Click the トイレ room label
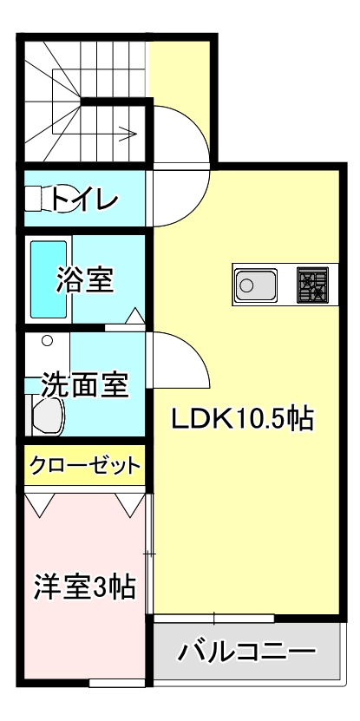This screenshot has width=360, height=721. pyautogui.click(x=85, y=199)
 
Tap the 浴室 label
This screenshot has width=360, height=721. pyautogui.click(x=85, y=280)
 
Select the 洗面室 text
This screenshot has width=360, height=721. pyautogui.click(x=85, y=385)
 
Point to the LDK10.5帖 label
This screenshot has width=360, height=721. pyautogui.click(x=242, y=418)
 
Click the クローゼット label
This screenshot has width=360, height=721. pyautogui.click(x=85, y=466)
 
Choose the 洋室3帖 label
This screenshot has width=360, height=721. pyautogui.click(x=85, y=587)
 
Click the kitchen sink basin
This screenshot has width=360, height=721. pyautogui.click(x=256, y=285)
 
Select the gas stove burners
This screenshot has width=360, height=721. pyautogui.click(x=312, y=285)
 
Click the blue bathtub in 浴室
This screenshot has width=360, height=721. pyautogui.click(x=49, y=279)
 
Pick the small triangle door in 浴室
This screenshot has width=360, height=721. pyautogui.click(x=135, y=316)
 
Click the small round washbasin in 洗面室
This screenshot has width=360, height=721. pyautogui.click(x=47, y=341)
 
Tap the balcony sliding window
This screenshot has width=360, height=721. pyautogui.click(x=214, y=619)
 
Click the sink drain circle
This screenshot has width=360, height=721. pyautogui.click(x=246, y=285)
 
